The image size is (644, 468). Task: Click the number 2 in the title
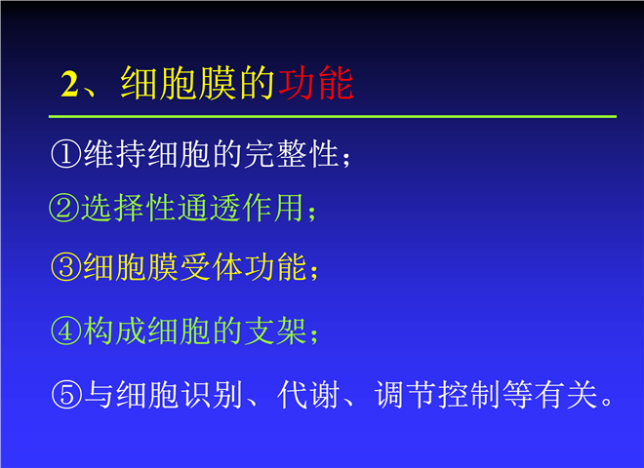point(69,85)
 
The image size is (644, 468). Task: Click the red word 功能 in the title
point(316,83)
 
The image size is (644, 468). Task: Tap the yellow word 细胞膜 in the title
point(178,83)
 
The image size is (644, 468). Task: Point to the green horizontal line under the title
point(333,117)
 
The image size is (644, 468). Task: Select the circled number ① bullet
point(65,154)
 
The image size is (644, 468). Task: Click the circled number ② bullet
point(64,208)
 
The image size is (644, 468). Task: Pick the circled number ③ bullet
point(65,267)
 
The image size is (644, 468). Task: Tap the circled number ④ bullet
point(65,331)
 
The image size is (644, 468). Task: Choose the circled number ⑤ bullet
point(65,395)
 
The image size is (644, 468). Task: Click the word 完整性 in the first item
point(292,154)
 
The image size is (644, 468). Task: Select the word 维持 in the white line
point(114,154)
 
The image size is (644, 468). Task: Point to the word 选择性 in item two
point(129,208)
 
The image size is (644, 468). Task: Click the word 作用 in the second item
point(273,208)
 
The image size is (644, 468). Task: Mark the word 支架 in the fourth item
point(275,331)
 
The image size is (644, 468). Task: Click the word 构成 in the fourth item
point(114,331)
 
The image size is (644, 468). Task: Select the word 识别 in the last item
point(212,395)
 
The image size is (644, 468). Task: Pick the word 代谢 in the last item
point(308,395)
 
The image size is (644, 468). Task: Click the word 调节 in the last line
point(405,395)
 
